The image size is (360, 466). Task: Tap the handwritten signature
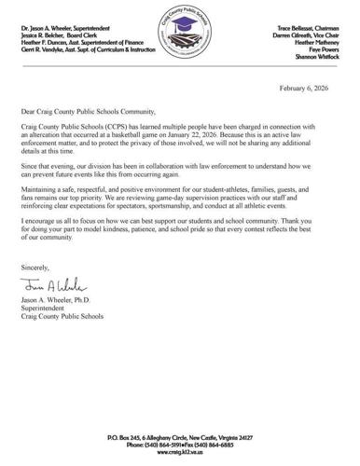64,287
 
